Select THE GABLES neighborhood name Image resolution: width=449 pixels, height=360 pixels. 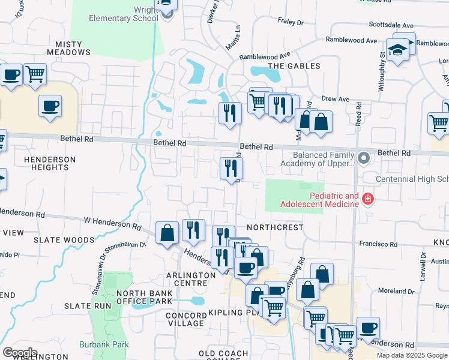pyautogui.click(x=294, y=66)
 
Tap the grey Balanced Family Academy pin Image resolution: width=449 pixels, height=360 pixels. pyautogui.click(x=363, y=158)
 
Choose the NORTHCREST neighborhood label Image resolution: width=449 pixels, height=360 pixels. pyautogui.click(x=274, y=228)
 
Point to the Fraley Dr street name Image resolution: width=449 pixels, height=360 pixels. pyautogui.click(x=291, y=22)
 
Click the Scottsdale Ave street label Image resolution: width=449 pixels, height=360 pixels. pyautogui.click(x=391, y=26)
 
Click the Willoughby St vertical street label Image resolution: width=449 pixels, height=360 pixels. pyautogui.click(x=382, y=71)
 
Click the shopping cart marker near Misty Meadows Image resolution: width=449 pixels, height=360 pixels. pyautogui.click(x=35, y=74)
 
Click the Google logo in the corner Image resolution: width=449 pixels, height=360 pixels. pyautogui.click(x=20, y=353)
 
